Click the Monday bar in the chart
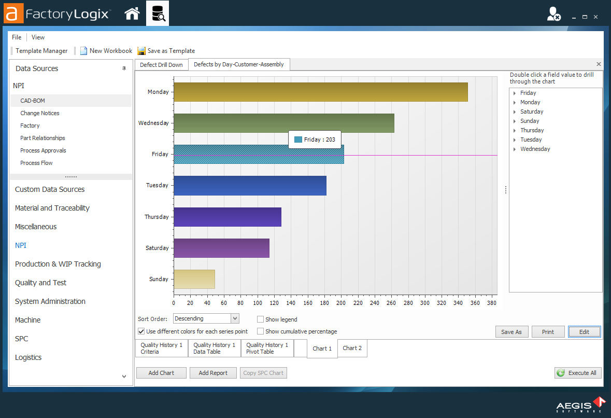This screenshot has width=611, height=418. [x=320, y=92]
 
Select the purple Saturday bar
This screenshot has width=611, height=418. [x=221, y=248]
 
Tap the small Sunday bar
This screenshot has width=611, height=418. [x=194, y=279]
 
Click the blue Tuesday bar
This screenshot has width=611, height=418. [x=250, y=186]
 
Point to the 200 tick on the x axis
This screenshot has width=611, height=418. [x=341, y=303]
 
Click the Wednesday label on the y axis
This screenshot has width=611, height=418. [x=153, y=123]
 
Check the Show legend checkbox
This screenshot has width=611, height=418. [x=261, y=319]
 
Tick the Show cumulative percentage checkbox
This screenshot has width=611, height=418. [x=261, y=331]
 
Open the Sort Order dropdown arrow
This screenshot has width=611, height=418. [x=235, y=318]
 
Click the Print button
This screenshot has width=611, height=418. [x=548, y=332]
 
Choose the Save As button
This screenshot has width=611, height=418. [x=511, y=332]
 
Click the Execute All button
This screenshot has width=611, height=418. [x=578, y=373]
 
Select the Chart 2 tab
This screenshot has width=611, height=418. [x=352, y=348]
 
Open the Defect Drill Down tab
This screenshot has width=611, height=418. [x=161, y=65]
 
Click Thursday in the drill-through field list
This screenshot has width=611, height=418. [x=532, y=130]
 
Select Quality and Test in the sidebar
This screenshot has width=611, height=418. [x=40, y=283]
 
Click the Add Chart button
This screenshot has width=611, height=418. [x=161, y=373]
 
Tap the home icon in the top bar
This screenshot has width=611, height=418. [x=132, y=13]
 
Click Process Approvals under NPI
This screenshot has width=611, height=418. [x=43, y=150]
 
